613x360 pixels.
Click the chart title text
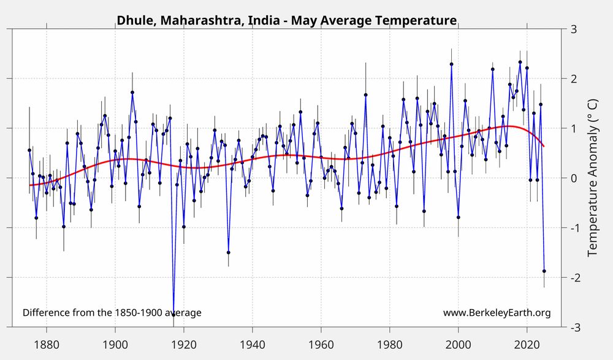point(286,20)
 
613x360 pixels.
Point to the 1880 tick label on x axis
point(47,341)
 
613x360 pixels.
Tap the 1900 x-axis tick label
point(115,341)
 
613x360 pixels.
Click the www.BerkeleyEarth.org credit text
point(497,313)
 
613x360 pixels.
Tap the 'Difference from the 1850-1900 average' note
point(112,313)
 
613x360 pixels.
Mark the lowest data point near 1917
point(173,314)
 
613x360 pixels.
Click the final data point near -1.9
point(544,271)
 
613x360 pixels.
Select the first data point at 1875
point(29,150)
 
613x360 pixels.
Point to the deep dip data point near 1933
point(229,252)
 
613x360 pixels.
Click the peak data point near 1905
point(132,93)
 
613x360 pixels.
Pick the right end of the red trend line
point(544,146)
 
